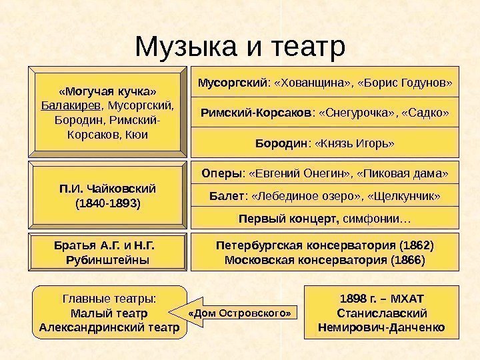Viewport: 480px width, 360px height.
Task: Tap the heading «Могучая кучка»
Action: coord(108,90)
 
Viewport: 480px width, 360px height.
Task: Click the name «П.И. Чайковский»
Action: coord(107,188)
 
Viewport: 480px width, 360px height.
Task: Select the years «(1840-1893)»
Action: coord(107,203)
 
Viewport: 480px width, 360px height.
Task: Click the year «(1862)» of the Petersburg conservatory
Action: coord(417,245)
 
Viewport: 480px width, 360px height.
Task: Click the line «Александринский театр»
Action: coord(109,327)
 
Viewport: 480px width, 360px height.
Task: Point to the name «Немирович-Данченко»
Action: coord(382,327)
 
